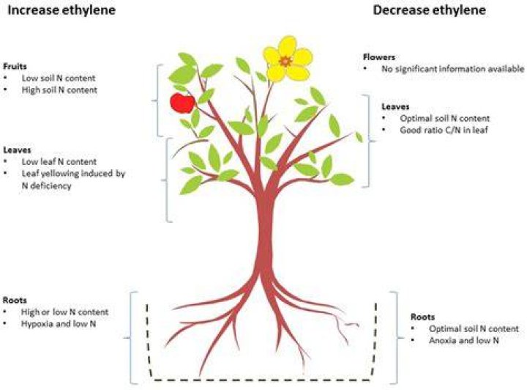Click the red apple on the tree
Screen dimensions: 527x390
(182, 103)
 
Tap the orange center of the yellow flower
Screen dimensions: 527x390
(285, 62)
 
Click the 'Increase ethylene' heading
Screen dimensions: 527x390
(61, 10)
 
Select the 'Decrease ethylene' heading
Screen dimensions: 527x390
(429, 10)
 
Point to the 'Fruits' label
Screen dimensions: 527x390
(15, 66)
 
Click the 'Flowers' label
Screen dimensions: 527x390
(379, 57)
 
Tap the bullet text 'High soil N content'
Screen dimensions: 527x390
(59, 90)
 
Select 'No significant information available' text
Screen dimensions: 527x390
(452, 69)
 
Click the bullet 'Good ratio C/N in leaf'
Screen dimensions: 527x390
(444, 130)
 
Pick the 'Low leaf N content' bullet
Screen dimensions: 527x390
(59, 161)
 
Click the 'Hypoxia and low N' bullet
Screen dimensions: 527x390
(59, 324)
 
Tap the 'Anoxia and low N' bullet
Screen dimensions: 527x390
(464, 341)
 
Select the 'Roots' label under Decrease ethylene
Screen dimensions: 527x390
(422, 317)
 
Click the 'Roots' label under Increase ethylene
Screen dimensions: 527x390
(15, 300)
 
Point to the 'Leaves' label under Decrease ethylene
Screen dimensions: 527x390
(395, 107)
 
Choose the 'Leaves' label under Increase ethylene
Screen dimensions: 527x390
(17, 150)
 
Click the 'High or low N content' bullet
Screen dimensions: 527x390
(64, 312)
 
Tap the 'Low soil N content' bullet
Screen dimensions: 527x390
(59, 78)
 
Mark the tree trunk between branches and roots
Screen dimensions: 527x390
(265, 235)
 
